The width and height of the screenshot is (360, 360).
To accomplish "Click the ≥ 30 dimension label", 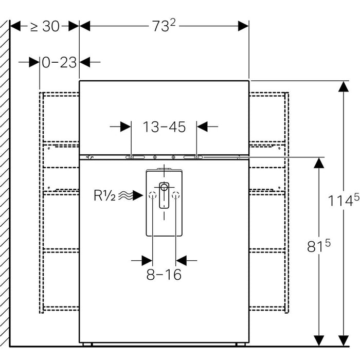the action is pos(45,26).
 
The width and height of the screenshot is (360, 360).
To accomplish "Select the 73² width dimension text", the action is pos(164,26).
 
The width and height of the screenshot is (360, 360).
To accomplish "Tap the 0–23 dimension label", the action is pos(59,62).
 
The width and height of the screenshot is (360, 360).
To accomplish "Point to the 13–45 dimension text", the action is pos(164,127).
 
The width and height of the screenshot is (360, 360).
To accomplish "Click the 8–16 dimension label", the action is pos(164,274).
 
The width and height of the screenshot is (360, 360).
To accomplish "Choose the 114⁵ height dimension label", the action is pos(343,200).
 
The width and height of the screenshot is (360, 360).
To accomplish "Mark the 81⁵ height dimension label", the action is pos(319,246).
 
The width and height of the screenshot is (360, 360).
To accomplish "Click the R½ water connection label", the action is pos(105,195).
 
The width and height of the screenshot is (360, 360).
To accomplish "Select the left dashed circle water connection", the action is pos(152,195).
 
